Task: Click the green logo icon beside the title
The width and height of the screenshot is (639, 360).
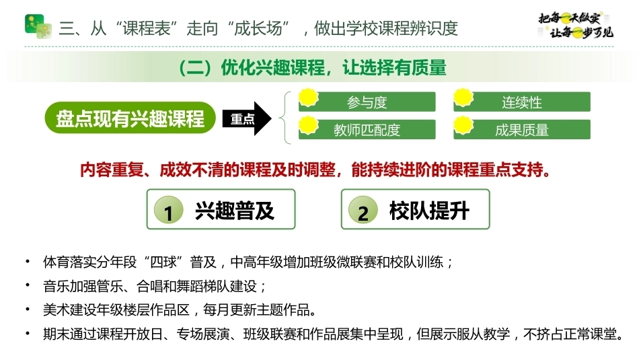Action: [x=38, y=26]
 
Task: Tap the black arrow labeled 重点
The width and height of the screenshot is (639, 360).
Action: [x=247, y=118]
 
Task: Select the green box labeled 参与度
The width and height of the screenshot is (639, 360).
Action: [x=367, y=102]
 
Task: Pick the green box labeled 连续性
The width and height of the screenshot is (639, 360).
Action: [x=522, y=102]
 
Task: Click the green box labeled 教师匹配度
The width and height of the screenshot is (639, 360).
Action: [x=367, y=130]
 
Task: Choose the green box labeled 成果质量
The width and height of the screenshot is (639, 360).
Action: [x=522, y=130]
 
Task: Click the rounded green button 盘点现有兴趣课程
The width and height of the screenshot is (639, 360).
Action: [x=130, y=118]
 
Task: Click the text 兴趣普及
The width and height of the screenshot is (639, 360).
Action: [x=235, y=211]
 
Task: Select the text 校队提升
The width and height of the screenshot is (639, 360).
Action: [x=429, y=211]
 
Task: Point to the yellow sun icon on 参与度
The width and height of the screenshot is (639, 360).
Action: [x=309, y=97]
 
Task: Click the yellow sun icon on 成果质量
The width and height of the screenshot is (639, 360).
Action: [x=463, y=124]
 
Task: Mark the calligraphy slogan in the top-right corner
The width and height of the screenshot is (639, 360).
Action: [x=576, y=26]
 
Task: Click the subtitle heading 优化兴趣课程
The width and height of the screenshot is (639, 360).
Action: [x=272, y=68]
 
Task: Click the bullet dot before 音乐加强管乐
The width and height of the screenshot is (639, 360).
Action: [x=28, y=285]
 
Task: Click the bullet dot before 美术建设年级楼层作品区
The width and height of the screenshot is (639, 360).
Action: [x=28, y=309]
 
